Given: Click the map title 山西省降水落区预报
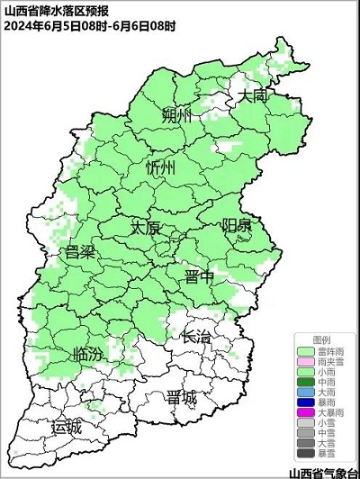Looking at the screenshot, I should coord(45,10).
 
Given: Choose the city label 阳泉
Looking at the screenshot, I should coord(238,226).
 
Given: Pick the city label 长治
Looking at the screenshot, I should coord(196,338).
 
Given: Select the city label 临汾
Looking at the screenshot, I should coord(86,354).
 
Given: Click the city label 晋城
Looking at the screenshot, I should coord(182,398).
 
